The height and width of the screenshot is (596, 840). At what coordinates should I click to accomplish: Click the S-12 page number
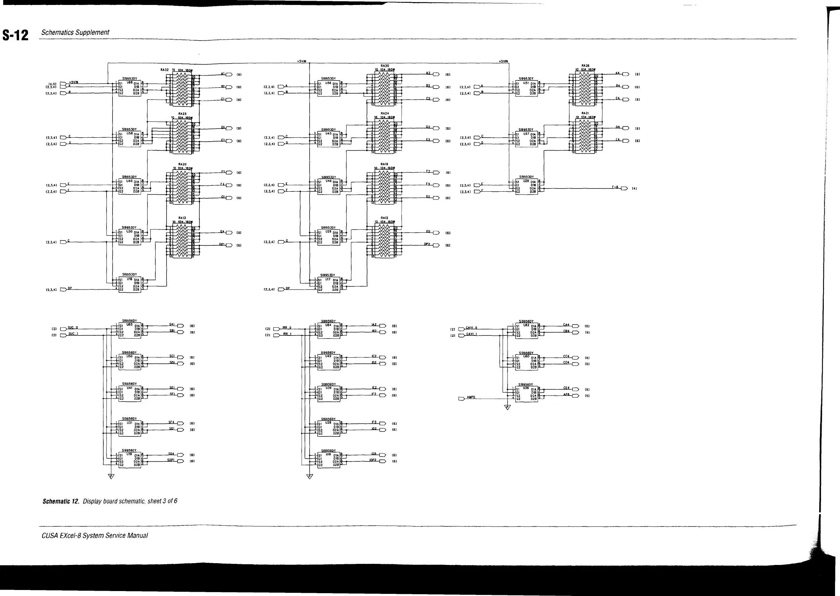coord(16,35)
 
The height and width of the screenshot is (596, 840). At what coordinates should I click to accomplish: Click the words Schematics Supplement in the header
coord(75,32)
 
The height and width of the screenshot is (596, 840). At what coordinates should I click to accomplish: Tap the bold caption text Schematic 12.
coord(61,501)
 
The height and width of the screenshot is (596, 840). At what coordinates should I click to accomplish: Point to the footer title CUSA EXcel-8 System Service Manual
coord(95,535)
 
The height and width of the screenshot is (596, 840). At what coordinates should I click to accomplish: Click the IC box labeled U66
coord(130,88)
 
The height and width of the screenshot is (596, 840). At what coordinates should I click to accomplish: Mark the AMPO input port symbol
coord(461,399)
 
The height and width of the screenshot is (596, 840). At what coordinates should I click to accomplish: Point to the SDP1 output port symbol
coord(180,461)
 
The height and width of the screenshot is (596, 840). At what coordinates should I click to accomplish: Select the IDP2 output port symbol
coord(383,461)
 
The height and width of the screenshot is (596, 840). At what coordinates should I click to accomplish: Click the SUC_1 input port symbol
coord(63,335)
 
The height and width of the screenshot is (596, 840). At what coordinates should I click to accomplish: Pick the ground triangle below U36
coord(508,407)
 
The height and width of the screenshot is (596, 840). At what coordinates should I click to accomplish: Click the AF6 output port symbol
coord(576,395)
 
